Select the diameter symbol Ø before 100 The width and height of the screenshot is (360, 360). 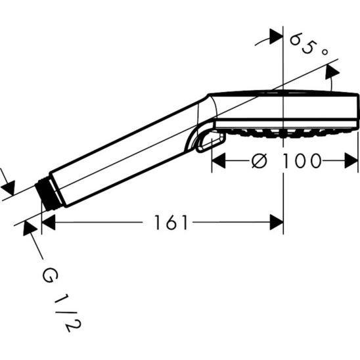(259, 160)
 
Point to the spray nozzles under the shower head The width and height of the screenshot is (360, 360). (282, 133)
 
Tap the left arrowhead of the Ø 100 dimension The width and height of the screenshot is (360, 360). (217, 160)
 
